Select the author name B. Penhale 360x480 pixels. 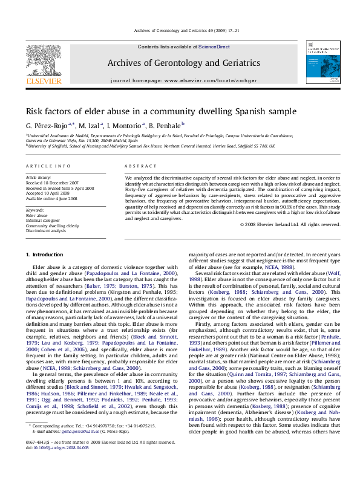[172, 125]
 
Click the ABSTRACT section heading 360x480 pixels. [137, 165]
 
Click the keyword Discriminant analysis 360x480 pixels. [47, 230]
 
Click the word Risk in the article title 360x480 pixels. [34, 111]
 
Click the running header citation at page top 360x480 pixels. [180, 30]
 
